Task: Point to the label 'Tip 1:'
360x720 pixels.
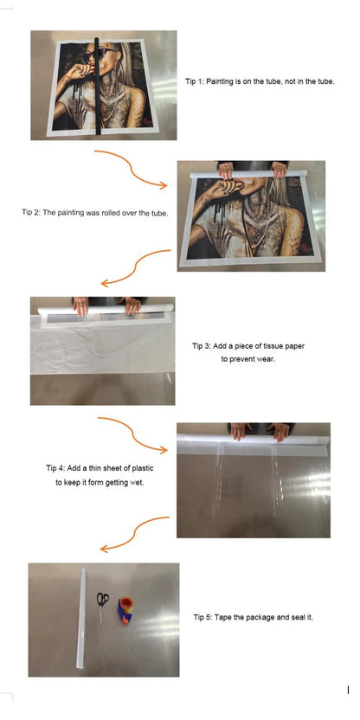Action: pos(194,81)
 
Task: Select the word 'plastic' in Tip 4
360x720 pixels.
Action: pos(142,468)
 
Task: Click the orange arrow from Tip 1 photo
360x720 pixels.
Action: pos(131,169)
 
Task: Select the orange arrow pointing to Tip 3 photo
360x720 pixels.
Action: pos(135,268)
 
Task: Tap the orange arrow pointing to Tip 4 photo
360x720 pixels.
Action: pos(132,435)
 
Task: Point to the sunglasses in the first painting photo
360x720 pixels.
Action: pos(94,55)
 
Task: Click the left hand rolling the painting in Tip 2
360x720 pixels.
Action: pos(226,170)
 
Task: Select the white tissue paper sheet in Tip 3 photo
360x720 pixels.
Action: pos(102,349)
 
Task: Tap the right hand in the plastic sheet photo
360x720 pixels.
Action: pos(280,431)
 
